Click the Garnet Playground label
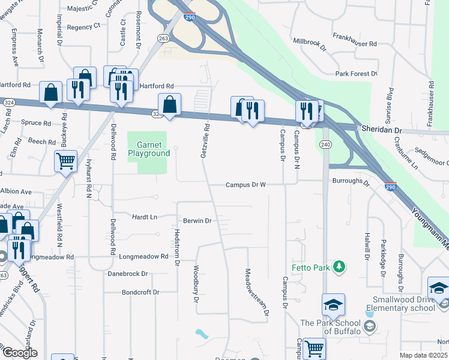pyautogui.click(x=149, y=149)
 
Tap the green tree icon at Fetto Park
pyautogui.click(x=340, y=266)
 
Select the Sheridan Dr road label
pyautogui.click(x=381, y=129)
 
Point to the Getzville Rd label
pyautogui.click(x=205, y=141)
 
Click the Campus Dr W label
pyautogui.click(x=246, y=185)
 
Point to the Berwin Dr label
pyautogui.click(x=197, y=221)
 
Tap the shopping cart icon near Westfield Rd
pyautogui.click(x=65, y=160)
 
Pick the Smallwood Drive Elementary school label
pyautogui.click(x=403, y=304)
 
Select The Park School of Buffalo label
pyautogui.click(x=332, y=327)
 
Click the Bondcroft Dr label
pyautogui.click(x=140, y=292)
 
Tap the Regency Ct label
pyautogui.click(x=83, y=26)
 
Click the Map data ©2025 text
pyautogui.click(x=423, y=355)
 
